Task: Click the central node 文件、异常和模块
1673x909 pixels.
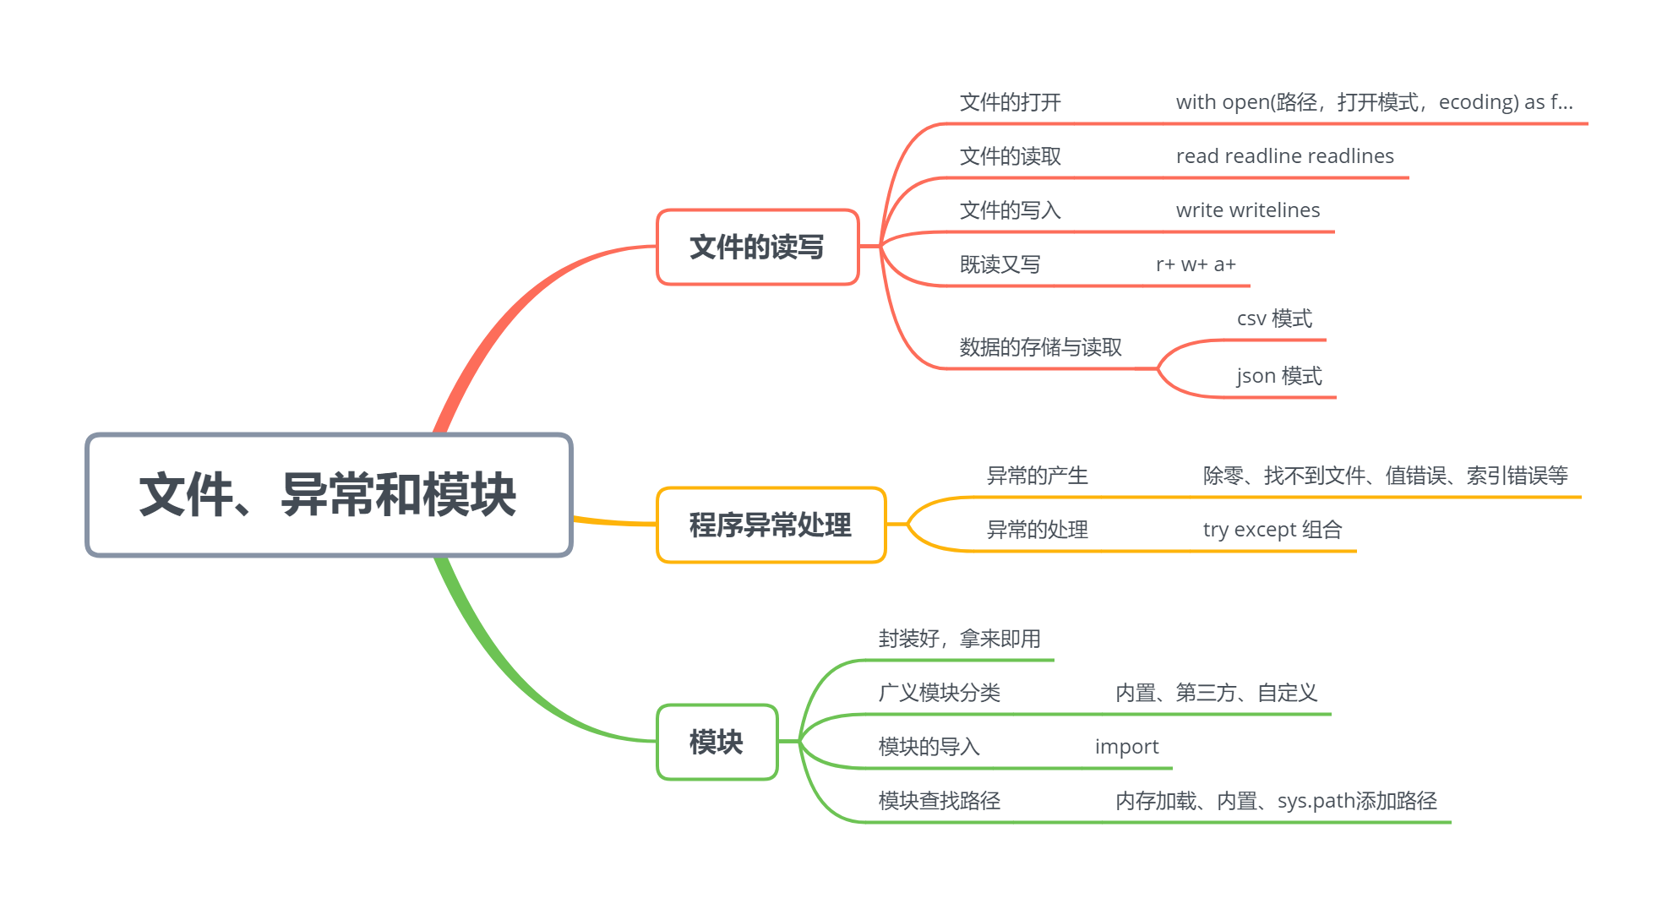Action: (x=329, y=494)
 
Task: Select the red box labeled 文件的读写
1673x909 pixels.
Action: (x=757, y=247)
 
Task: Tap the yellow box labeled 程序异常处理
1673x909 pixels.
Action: (x=771, y=525)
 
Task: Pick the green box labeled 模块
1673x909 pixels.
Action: (x=717, y=742)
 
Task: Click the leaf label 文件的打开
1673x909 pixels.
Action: (x=1010, y=102)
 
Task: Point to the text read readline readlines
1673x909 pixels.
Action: (x=1284, y=156)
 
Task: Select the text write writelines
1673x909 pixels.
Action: (x=1247, y=210)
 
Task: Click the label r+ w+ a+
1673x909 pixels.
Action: (x=1196, y=264)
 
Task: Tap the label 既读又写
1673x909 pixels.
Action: (x=1000, y=264)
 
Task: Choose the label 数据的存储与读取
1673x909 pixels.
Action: (x=1040, y=347)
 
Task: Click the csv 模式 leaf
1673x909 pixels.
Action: (x=1274, y=318)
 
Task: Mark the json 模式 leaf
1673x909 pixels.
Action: (x=1278, y=376)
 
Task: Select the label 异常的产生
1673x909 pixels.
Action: (x=1037, y=476)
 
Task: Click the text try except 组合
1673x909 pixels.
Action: (x=1272, y=530)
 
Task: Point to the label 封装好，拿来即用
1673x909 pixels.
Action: (x=959, y=639)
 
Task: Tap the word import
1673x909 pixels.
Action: (x=1126, y=747)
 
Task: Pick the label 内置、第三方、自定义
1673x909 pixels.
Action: (x=1216, y=693)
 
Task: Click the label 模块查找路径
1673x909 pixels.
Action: (x=939, y=801)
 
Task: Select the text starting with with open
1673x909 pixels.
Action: (x=1374, y=102)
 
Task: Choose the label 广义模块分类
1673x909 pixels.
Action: (x=939, y=693)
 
